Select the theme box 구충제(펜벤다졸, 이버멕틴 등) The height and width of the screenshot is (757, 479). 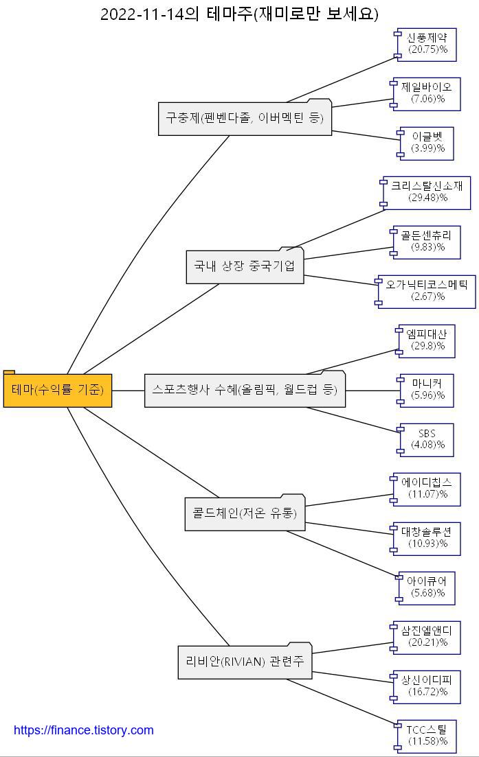click(244, 118)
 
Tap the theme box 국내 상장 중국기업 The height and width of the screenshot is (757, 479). click(244, 266)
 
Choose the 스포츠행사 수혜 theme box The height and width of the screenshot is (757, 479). click(244, 391)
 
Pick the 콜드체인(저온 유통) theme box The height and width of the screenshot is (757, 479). click(244, 513)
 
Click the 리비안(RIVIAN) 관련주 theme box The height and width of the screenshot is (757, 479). click(244, 662)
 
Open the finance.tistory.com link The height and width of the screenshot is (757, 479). click(84, 730)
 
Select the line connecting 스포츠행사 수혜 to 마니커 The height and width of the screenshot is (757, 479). click(371, 391)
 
